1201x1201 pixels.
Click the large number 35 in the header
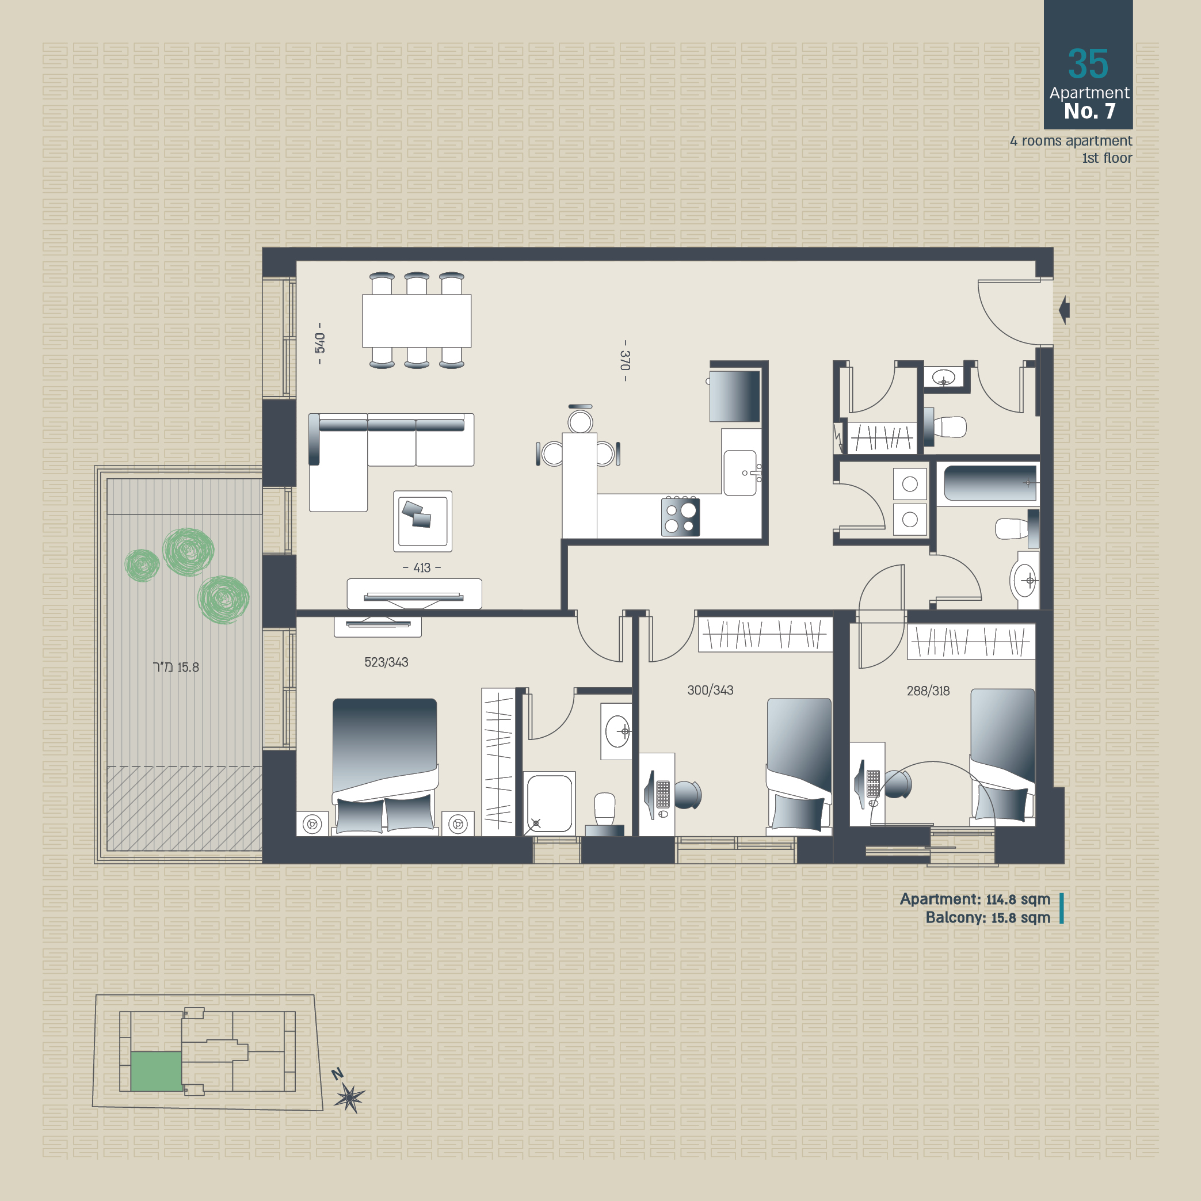point(1088,63)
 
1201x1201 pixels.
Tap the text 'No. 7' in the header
point(1089,111)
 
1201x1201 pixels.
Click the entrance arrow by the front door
point(1063,309)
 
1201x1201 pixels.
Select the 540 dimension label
point(319,342)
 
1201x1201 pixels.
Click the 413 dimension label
point(422,567)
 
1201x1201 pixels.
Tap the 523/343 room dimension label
point(386,662)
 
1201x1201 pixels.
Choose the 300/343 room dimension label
point(710,690)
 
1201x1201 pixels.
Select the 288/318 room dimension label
point(928,691)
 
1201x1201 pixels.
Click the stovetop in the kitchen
point(680,517)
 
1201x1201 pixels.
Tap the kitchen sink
point(741,472)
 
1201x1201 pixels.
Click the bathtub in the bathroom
point(990,483)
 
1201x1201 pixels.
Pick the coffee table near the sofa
point(423,521)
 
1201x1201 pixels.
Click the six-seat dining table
point(417,321)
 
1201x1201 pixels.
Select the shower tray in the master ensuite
point(550,803)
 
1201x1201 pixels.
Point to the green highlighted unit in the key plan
point(156,1071)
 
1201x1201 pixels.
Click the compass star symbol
point(349,1098)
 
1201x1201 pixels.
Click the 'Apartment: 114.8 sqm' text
point(975,899)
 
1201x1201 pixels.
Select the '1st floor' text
point(1107,158)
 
